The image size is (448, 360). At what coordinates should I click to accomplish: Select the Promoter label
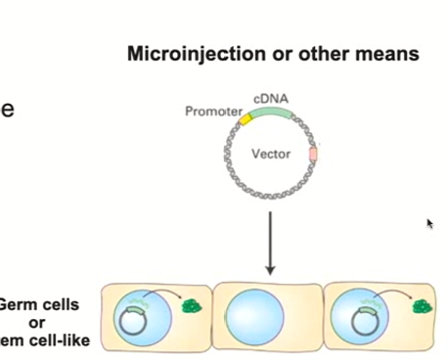point(211,112)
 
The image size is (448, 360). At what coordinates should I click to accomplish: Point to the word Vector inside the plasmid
point(271,155)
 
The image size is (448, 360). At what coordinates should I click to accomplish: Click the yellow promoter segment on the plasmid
point(246,118)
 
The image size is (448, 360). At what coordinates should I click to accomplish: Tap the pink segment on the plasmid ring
point(313,154)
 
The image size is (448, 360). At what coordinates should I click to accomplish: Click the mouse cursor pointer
point(429,223)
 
